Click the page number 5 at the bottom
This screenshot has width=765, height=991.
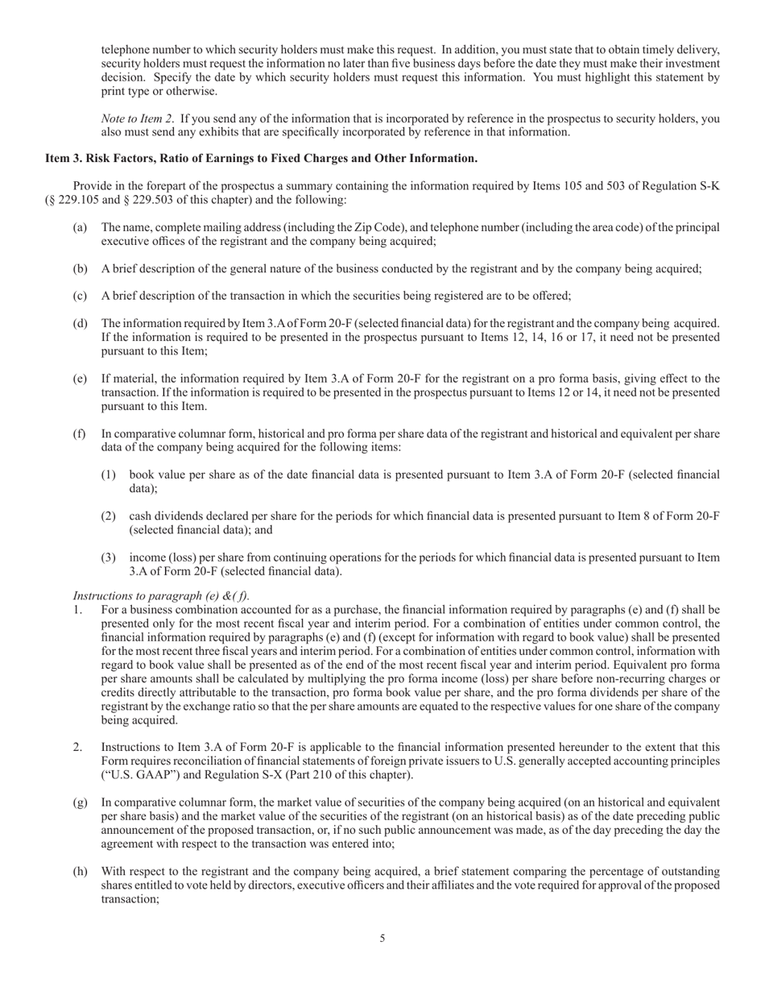click(382, 938)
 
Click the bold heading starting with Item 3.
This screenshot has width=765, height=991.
click(261, 159)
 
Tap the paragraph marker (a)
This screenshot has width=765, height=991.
click(80, 227)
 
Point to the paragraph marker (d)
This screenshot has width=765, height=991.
click(80, 324)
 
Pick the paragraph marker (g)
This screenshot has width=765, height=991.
click(80, 802)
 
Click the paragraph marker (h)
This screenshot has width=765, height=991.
click(80, 872)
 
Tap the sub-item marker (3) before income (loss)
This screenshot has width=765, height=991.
click(109, 558)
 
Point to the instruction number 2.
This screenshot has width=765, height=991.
click(77, 748)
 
